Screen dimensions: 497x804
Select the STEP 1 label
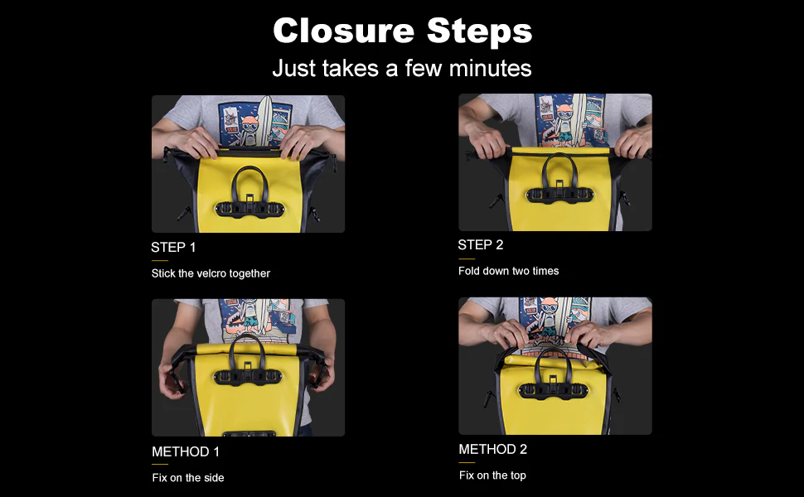173,247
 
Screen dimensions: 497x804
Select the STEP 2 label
480,244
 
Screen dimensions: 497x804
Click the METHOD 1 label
186,451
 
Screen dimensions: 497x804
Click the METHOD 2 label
492,449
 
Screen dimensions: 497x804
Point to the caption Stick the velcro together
211,273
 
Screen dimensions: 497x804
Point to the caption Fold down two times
508,271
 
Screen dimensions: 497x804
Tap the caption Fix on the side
187,477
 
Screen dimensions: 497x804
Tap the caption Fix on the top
492,475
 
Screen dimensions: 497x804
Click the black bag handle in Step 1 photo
248,176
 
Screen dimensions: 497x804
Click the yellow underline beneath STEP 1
159,260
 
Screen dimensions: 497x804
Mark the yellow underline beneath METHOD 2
467,462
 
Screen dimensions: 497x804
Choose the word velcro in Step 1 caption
212,273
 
